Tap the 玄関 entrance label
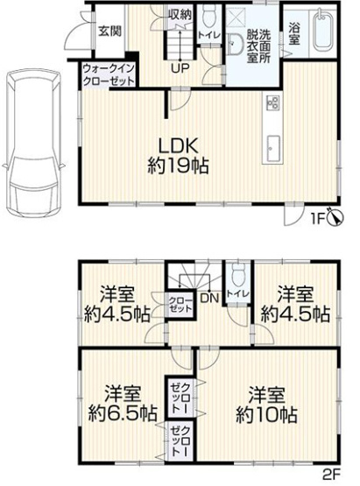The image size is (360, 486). [109, 32]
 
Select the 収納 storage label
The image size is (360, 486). [180, 15]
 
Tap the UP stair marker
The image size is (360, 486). [178, 68]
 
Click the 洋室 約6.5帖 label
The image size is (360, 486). [123, 403]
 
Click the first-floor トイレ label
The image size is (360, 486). [209, 34]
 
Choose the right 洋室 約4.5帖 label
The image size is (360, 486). [294, 304]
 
